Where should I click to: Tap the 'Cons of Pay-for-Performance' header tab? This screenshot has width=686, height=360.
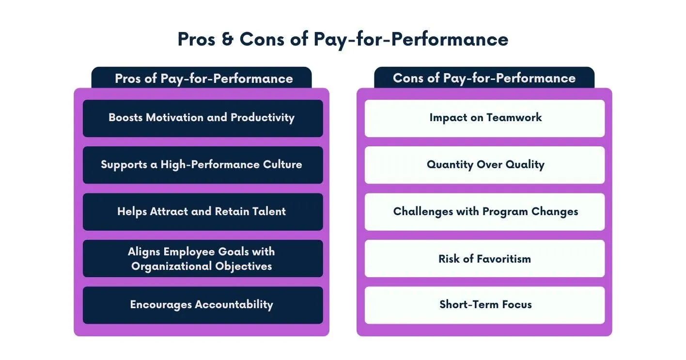tap(484, 78)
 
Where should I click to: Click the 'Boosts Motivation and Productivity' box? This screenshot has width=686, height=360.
tap(203, 118)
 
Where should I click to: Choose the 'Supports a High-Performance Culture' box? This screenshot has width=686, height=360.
tap(203, 165)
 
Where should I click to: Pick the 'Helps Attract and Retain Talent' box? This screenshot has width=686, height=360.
tap(203, 212)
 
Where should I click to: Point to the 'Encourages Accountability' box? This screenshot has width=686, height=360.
tap(203, 305)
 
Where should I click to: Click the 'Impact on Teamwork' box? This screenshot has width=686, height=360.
tap(484, 118)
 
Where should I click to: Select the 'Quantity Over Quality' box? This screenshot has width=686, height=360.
tap(484, 165)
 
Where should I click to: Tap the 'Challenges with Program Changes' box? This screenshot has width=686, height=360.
tap(484, 212)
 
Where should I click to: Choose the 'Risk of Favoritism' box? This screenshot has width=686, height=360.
tap(484, 259)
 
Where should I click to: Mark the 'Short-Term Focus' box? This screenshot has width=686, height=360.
tap(484, 305)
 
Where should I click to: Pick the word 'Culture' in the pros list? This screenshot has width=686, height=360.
tap(282, 165)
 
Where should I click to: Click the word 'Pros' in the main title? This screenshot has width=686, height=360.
tap(196, 39)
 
